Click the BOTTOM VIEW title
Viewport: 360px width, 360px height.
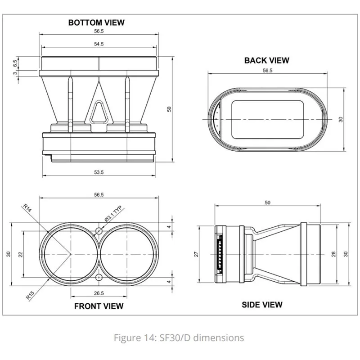point(96,22)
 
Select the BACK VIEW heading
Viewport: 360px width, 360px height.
point(267,60)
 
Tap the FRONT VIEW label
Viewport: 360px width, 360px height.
point(99,306)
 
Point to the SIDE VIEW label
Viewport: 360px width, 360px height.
point(262,305)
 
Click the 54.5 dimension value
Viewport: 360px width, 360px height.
point(99,44)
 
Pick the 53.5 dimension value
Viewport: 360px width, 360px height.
point(99,172)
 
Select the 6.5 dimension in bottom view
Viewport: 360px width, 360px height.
point(15,63)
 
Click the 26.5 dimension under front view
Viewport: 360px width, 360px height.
point(99,293)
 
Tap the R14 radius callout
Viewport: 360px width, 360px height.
point(27,208)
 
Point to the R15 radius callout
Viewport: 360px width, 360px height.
point(30,295)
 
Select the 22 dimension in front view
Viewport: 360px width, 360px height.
point(21,254)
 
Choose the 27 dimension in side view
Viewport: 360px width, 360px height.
point(196,254)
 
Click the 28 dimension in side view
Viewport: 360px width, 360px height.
point(333,254)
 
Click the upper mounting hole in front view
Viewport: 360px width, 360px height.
point(99,231)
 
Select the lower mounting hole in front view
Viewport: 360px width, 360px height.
point(99,278)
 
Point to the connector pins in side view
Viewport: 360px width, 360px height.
point(220,254)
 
